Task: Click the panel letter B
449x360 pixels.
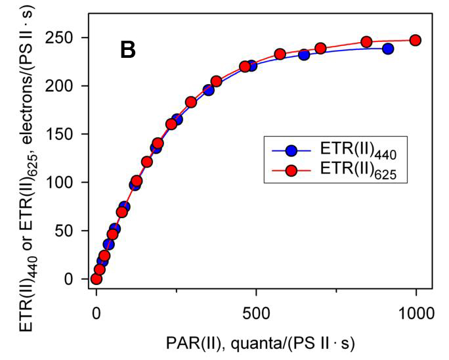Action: [128, 50]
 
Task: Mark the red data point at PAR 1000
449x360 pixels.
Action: [415, 40]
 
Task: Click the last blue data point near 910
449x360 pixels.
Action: [388, 49]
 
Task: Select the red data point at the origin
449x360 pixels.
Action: [96, 279]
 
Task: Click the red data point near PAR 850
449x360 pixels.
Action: [367, 42]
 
